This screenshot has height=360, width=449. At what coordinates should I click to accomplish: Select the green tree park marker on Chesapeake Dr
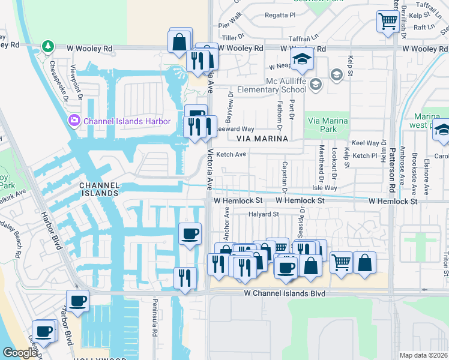tap(47, 46)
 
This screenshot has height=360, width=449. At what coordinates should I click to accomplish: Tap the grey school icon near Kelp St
tap(336, 74)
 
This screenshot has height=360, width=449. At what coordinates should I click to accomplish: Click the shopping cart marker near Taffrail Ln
tap(388, 22)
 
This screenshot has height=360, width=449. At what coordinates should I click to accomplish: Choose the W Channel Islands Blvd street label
tap(285, 293)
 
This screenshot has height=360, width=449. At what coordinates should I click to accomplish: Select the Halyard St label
tap(264, 214)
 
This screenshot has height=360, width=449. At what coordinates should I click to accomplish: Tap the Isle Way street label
tap(324, 188)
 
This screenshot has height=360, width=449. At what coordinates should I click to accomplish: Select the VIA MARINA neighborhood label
tap(262, 139)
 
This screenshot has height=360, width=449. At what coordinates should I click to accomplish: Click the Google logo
tap(20, 353)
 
